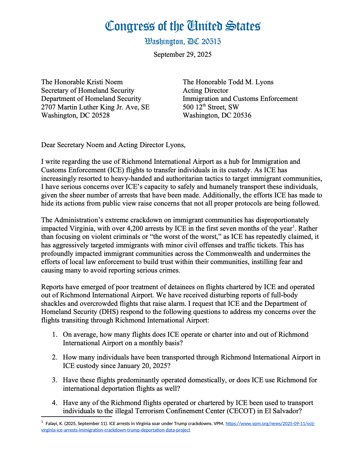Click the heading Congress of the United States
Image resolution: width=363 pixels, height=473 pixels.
(x=183, y=26)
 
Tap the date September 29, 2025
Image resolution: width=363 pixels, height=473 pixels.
(x=183, y=55)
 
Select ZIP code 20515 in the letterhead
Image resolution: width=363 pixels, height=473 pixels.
(x=211, y=42)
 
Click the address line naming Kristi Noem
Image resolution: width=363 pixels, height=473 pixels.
(x=82, y=82)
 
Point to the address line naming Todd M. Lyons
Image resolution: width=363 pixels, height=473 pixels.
(x=228, y=82)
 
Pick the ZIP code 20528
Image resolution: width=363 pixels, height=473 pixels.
(x=100, y=116)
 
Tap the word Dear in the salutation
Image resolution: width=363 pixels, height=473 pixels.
(x=48, y=145)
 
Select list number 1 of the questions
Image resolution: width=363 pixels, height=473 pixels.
(x=55, y=335)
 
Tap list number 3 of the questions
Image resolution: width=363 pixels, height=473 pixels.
(x=55, y=380)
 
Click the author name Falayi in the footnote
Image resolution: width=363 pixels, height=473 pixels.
(x=51, y=424)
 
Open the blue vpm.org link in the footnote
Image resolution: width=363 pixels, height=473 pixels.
(x=270, y=424)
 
